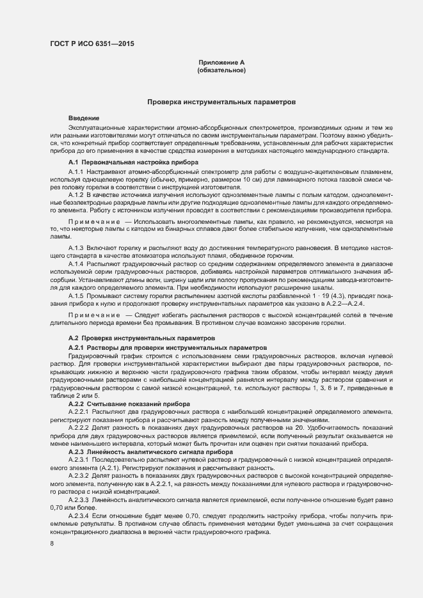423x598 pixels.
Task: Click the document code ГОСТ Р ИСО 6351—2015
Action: coord(92,44)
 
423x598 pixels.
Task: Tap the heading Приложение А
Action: coord(221,62)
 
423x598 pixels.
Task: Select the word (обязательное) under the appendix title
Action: coord(221,70)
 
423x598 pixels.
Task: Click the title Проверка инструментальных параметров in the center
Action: coord(221,102)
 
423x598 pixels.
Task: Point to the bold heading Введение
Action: coord(84,118)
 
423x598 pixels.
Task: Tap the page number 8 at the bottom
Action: coord(52,544)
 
